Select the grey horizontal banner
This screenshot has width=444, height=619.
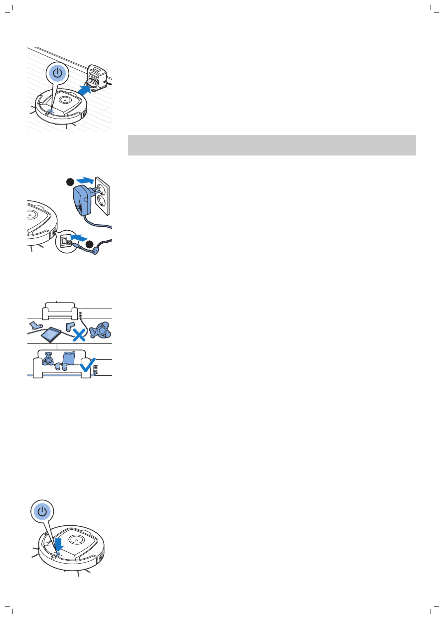coord(272,145)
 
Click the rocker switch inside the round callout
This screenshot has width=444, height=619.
coord(64,241)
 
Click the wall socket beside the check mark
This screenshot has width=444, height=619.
coord(97,370)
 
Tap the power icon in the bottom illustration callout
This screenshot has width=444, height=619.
coord(43,511)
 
